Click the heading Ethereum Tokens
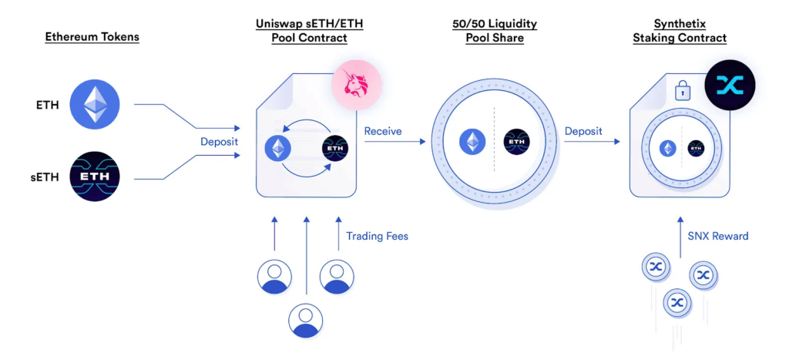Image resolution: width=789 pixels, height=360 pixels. [x=92, y=36]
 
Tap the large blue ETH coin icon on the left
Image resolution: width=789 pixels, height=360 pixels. [x=96, y=106]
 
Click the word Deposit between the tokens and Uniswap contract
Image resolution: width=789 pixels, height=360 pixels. [x=219, y=142]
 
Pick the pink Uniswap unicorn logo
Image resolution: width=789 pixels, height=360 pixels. [x=356, y=86]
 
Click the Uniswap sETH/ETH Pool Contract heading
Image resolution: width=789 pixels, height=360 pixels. [x=309, y=31]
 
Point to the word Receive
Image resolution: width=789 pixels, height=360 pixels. [x=383, y=131]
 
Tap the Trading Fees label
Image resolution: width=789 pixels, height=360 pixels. [x=377, y=236]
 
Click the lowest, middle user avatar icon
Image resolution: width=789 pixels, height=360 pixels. [x=306, y=321]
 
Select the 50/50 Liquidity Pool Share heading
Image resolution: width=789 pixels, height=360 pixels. [x=495, y=31]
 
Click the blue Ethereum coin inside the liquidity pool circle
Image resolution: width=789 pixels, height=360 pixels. [x=473, y=142]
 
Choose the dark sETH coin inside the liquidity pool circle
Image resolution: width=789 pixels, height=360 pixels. [x=516, y=142]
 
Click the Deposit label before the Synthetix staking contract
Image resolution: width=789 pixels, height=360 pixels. [x=583, y=131]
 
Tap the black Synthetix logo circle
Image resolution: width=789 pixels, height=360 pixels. [x=729, y=85]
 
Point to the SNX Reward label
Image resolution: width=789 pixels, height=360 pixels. [x=718, y=236]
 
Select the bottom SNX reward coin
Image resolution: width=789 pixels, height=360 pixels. [x=677, y=301]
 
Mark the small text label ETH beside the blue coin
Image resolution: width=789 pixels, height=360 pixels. [x=47, y=106]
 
